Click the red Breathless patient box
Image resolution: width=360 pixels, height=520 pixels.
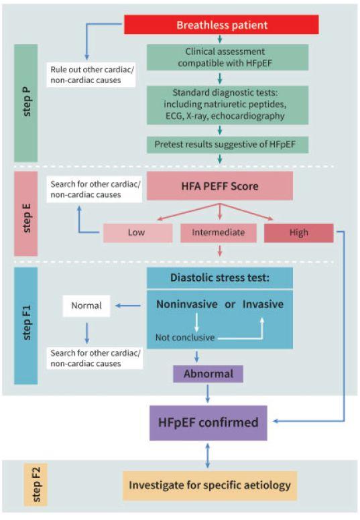coord(221,25)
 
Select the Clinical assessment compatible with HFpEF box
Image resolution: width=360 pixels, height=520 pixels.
coord(228,58)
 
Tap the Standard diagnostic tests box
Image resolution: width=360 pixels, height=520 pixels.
coord(228,105)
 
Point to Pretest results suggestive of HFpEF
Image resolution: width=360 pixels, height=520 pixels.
coord(228,145)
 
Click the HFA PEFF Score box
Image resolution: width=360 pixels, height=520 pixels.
coord(220,186)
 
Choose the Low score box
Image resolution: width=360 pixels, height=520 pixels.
coord(137,233)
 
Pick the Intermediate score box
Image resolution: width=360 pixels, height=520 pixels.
coord(219,233)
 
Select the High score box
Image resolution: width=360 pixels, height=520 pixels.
coord(298,233)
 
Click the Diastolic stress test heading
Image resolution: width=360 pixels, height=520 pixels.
coord(220,277)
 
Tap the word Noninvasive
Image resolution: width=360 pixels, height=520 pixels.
coord(187,304)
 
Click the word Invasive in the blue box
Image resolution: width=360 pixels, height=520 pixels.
coord(263,304)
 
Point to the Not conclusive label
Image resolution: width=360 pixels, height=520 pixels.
coord(185,338)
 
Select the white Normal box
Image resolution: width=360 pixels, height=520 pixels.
coord(86,306)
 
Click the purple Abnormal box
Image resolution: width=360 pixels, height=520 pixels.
coord(208,374)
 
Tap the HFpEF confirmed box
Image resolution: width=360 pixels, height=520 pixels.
coord(208,422)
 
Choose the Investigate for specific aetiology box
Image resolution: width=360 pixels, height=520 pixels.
coord(210,485)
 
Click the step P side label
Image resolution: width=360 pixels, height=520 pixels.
coord(26,103)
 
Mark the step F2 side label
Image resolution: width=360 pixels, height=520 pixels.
coord(36,484)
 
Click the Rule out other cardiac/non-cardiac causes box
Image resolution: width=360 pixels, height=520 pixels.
coord(91,75)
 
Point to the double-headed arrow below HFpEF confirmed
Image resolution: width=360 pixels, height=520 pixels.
coord(208,456)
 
